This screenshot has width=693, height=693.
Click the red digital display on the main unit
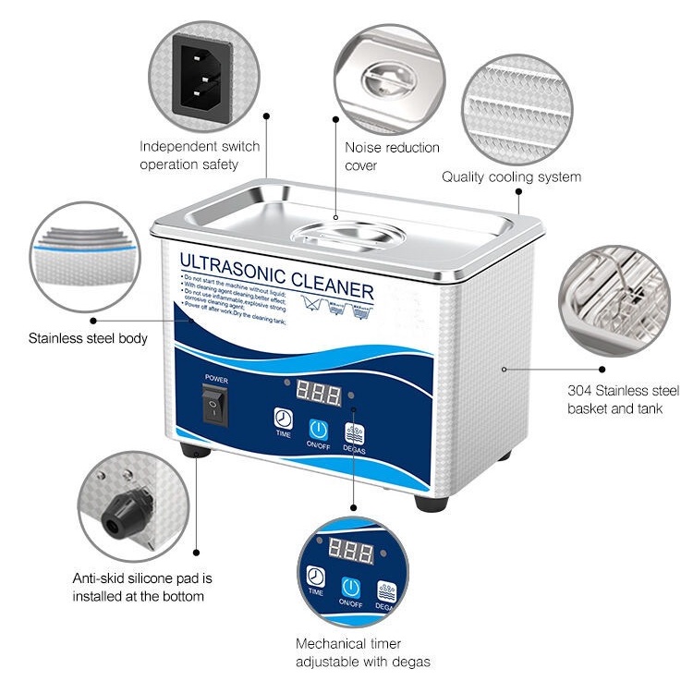coord(318,394)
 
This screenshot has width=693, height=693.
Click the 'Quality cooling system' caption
coord(511,176)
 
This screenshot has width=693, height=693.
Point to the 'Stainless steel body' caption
coord(88,338)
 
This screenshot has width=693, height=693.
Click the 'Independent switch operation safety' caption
coord(200,155)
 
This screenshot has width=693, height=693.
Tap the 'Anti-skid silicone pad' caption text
coord(142,587)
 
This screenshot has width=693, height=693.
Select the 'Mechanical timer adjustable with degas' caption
coord(363,652)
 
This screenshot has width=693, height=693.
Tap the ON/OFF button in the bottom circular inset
coord(350,588)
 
